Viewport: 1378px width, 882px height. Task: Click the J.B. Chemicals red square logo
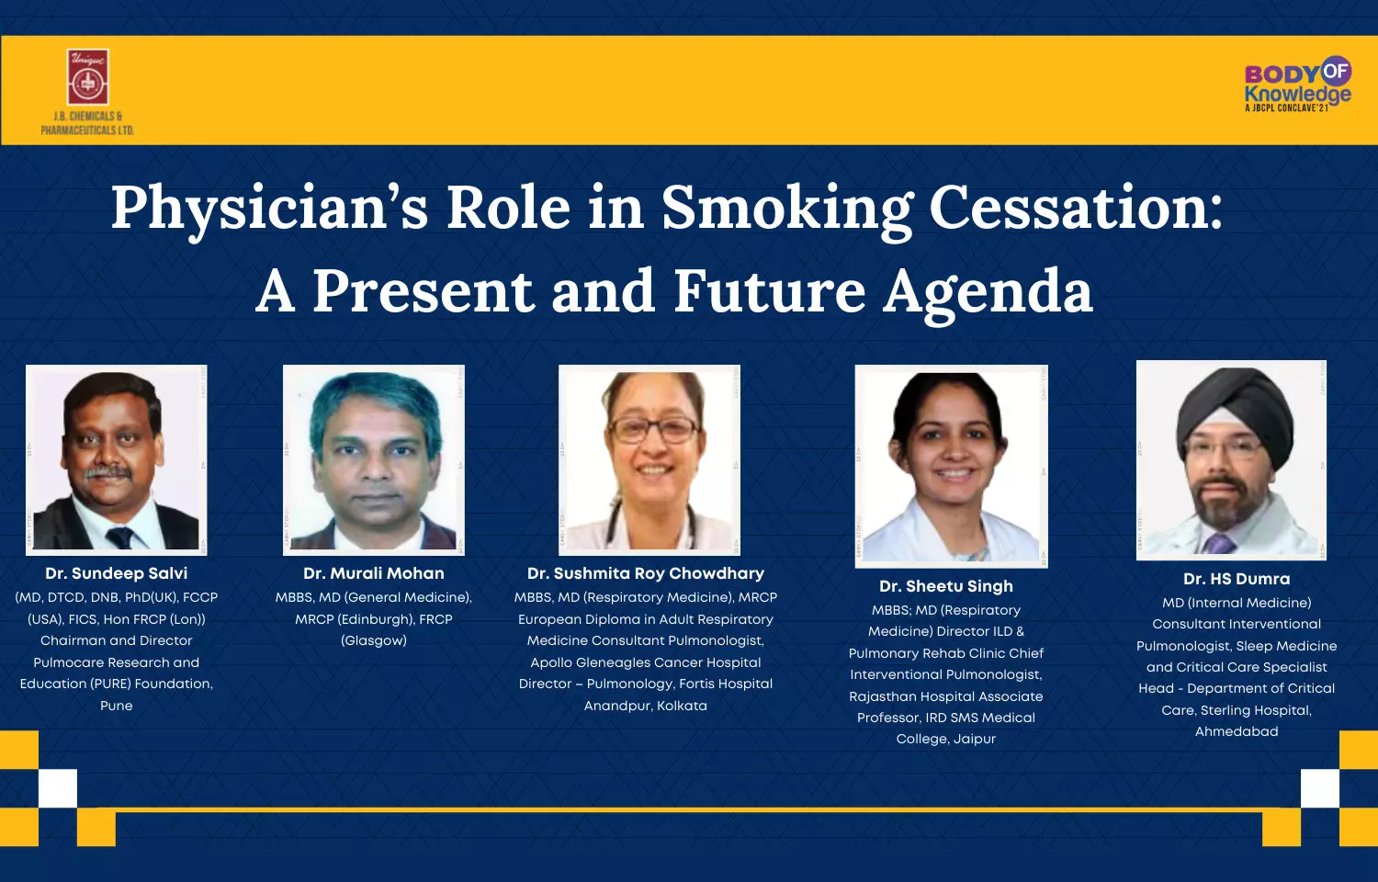[x=87, y=77]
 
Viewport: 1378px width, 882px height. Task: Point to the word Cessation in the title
[x=1075, y=208]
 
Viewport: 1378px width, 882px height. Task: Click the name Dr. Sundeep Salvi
[x=117, y=573]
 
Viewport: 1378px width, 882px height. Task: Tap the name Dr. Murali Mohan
[x=373, y=573]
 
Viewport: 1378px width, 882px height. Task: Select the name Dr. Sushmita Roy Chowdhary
[x=645, y=573]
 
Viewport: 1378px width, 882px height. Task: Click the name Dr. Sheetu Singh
[x=946, y=586]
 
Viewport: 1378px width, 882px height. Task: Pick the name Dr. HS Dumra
[x=1237, y=579]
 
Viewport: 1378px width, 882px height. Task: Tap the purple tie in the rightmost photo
[x=1219, y=544]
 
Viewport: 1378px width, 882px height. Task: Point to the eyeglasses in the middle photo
[x=652, y=430]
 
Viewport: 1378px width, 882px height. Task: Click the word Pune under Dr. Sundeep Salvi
[x=117, y=706]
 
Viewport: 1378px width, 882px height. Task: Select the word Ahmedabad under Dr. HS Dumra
[x=1237, y=731]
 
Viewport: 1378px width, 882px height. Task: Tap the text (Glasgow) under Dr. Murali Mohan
[x=373, y=641]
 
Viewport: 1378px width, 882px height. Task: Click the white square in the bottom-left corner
[x=58, y=788]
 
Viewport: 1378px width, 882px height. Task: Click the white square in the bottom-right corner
[x=1320, y=788]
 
